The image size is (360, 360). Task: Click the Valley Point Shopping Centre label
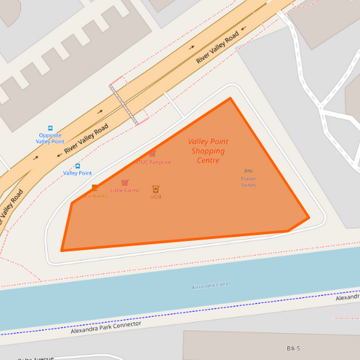208,151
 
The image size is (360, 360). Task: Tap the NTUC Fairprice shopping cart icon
153,154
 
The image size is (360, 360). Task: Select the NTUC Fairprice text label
153,162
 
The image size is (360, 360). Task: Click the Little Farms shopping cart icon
125,182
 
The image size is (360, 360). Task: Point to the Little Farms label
125,190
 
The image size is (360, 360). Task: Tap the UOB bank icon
155,189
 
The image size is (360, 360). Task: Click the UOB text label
155,197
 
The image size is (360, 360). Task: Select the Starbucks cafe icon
95,188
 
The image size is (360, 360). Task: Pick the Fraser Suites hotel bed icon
248,172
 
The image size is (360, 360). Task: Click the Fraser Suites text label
248,182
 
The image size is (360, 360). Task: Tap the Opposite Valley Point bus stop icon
50,128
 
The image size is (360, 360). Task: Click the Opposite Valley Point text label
50,138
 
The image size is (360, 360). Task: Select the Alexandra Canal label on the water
211,286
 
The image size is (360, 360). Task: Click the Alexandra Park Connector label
106,328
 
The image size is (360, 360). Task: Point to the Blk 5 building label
293,348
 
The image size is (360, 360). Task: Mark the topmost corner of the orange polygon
230,99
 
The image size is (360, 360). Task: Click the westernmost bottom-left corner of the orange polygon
62,251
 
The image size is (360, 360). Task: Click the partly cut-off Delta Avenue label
35,358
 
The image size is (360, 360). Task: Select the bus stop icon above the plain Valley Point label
78,165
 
